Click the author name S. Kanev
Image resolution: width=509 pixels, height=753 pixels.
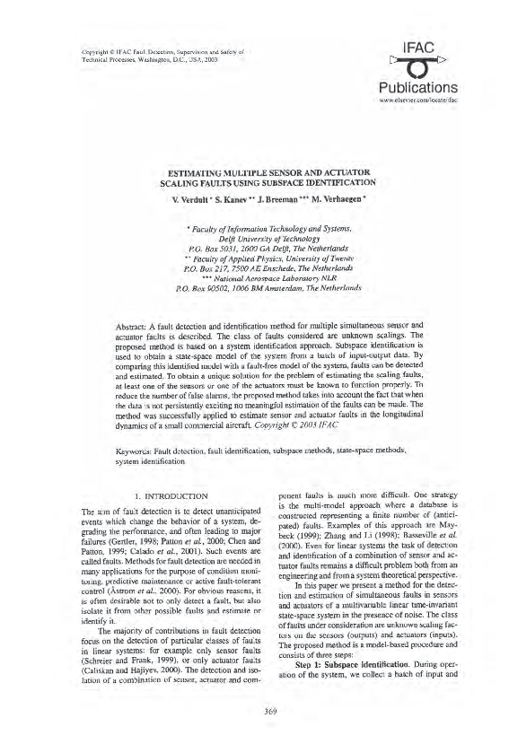[x=237, y=198]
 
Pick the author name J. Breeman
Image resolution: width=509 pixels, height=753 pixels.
[x=287, y=198]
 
